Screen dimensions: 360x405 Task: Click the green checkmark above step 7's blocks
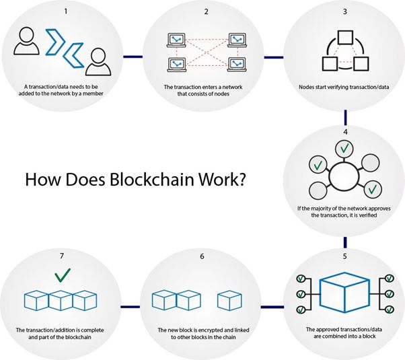tap(63, 275)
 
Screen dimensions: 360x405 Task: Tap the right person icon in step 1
tap(96, 63)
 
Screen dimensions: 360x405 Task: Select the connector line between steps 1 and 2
tap(132, 57)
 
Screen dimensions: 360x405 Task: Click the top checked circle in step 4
tap(344, 147)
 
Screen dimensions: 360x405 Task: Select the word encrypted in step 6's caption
tap(209, 330)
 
